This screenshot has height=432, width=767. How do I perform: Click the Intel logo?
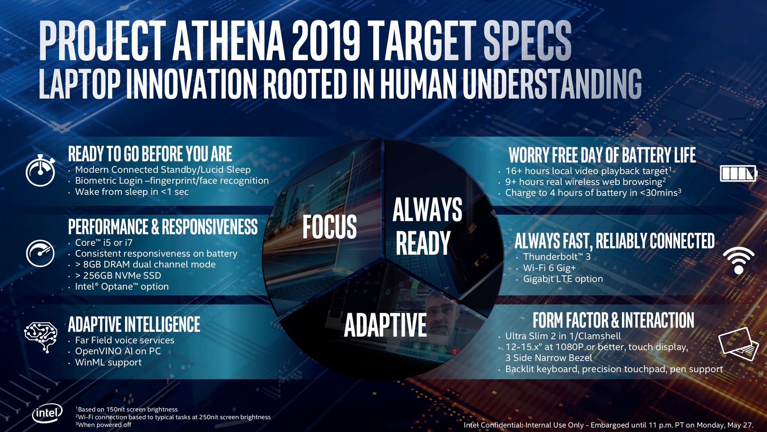47,414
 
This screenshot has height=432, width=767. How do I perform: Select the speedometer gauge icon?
40,253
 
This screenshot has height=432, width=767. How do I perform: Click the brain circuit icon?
41,337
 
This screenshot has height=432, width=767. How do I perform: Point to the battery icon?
738,173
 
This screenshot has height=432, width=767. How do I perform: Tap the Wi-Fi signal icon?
738,260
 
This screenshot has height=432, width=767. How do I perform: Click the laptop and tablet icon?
738,343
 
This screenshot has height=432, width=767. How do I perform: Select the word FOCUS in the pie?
330,227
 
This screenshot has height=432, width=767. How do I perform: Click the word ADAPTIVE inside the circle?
385,325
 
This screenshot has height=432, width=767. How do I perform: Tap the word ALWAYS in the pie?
427,209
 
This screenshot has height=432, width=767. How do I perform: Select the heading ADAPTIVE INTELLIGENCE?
134,324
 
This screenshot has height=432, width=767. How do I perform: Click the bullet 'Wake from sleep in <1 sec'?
132,192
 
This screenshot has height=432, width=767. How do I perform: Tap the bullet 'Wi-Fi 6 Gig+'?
549,268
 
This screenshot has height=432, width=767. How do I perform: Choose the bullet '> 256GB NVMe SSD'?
118,275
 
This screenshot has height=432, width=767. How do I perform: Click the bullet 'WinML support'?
108,362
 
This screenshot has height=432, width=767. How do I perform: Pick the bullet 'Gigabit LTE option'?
563,279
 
